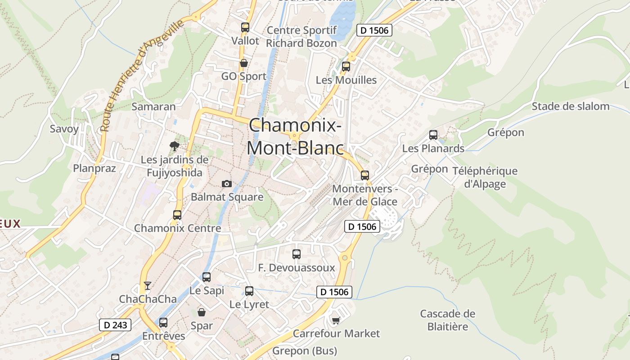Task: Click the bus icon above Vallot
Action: [245, 27]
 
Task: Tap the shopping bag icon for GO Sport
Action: [243, 63]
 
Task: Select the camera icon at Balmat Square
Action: [227, 184]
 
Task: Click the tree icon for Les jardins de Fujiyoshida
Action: [174, 146]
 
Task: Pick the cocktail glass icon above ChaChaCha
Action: [147, 285]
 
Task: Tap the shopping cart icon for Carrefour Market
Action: [336, 320]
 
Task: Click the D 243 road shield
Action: [115, 325]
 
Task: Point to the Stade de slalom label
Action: [570, 107]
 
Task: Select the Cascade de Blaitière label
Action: [447, 320]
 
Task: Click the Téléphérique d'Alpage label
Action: [485, 177]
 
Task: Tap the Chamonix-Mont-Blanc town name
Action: [295, 136]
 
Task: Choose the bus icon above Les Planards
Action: [433, 135]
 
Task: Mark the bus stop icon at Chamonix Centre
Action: [177, 215]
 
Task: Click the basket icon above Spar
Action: [202, 312]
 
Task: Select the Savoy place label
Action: [64, 129]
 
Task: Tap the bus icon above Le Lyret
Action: [249, 291]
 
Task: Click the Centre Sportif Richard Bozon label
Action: [301, 37]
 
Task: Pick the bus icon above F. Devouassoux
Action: [296, 254]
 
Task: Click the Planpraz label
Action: [94, 168]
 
